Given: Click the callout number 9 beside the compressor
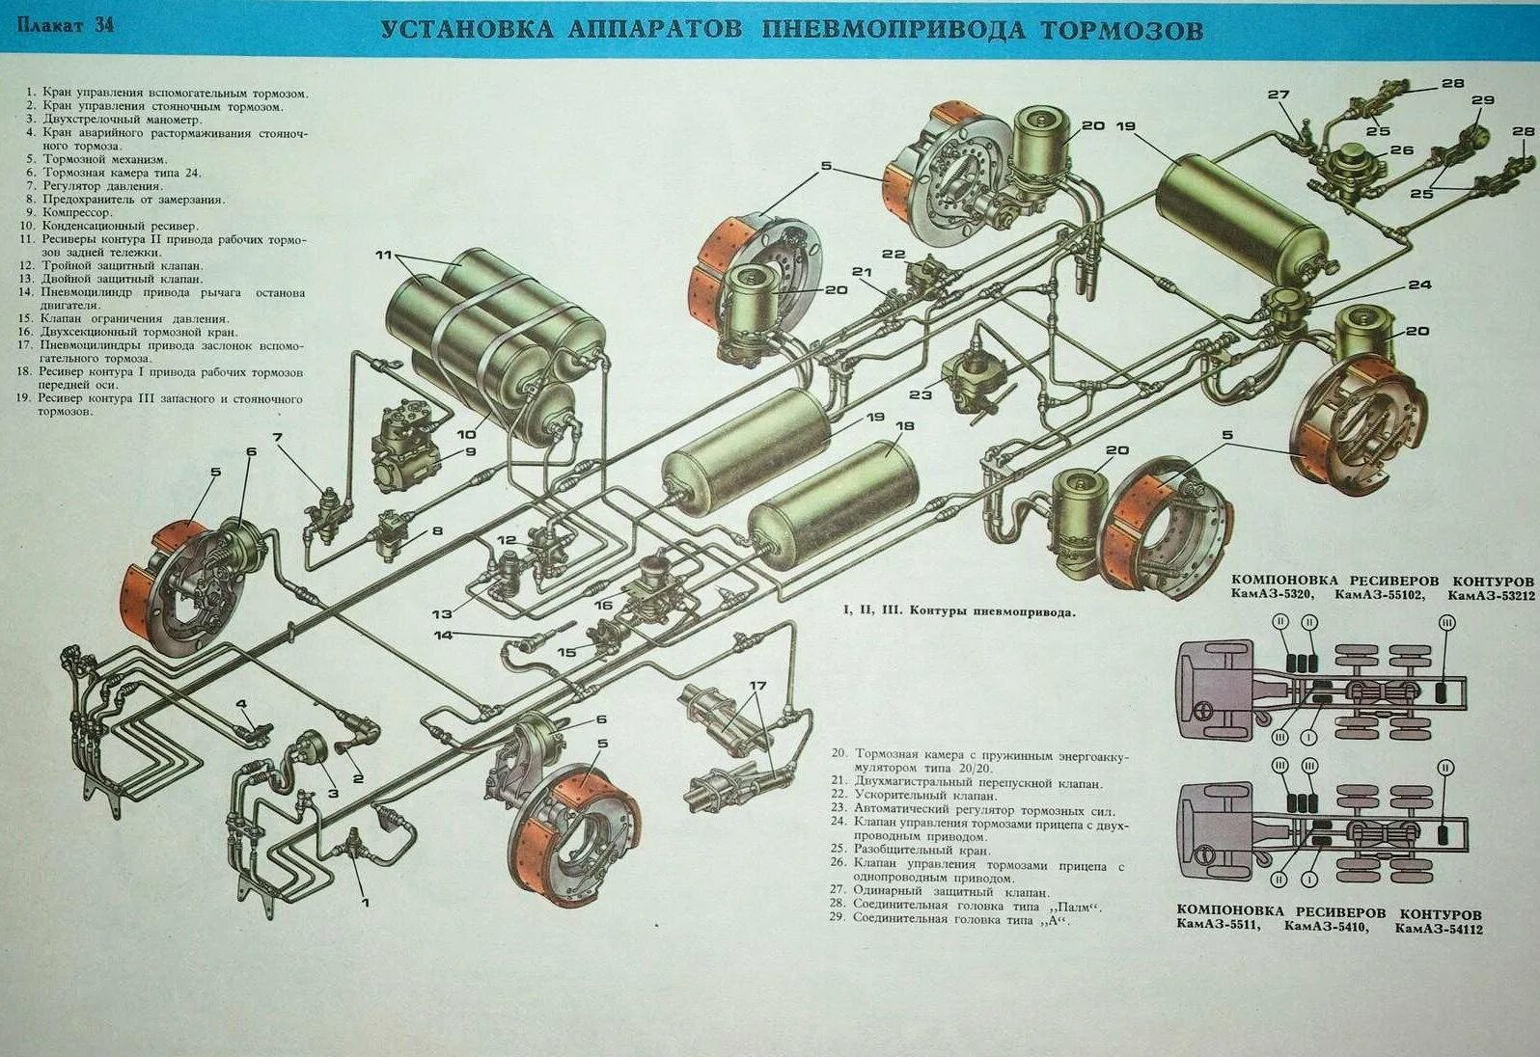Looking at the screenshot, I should pyautogui.click(x=470, y=451).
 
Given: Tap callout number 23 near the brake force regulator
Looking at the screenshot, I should pyautogui.click(x=920, y=394).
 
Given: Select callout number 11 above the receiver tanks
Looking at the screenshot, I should pyautogui.click(x=384, y=256).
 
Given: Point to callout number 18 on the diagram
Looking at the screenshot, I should pyautogui.click(x=904, y=426).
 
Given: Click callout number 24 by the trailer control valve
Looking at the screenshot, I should pyautogui.click(x=1418, y=285).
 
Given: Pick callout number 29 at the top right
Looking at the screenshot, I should pyautogui.click(x=1482, y=100).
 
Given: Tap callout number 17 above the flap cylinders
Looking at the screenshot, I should pyautogui.click(x=757, y=687).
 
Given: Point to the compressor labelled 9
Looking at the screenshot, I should pyautogui.click(x=405, y=447).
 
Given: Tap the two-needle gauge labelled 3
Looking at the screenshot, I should pyautogui.click(x=308, y=748).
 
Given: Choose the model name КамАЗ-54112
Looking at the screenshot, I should pyautogui.click(x=1438, y=929).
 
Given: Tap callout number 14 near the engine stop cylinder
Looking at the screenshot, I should pyautogui.click(x=443, y=636).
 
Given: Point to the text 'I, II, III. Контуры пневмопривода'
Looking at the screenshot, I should pyautogui.click(x=958, y=611).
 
